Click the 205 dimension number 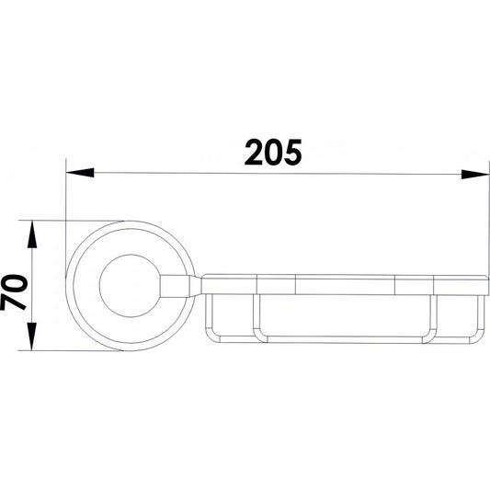(273, 153)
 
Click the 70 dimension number (14, 292)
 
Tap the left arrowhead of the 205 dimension (80, 173)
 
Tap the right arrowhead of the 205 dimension (474, 174)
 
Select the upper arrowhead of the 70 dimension (32, 234)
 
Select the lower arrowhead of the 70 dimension (32, 336)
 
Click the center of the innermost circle (131, 286)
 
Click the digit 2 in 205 (254, 153)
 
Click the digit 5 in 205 (293, 153)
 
